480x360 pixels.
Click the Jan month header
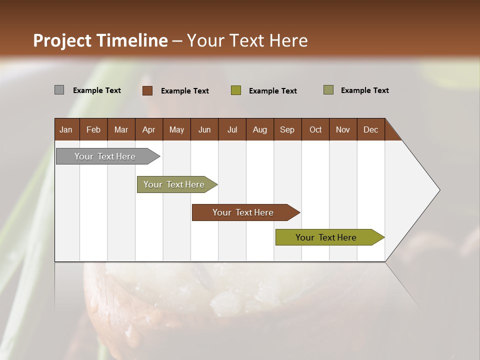66,129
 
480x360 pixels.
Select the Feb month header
93,129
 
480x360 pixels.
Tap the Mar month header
121,129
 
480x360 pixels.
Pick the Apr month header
149,129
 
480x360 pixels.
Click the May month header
176,129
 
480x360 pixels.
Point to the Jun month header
204,129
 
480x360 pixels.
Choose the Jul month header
232,129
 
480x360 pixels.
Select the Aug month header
260,129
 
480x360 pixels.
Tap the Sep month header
287,129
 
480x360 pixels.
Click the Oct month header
315,129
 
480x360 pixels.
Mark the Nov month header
343,129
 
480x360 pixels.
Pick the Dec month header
371,129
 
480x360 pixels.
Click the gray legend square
59,90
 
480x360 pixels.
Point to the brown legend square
147,90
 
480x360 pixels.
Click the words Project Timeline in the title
100,40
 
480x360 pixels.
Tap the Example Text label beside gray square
97,90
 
